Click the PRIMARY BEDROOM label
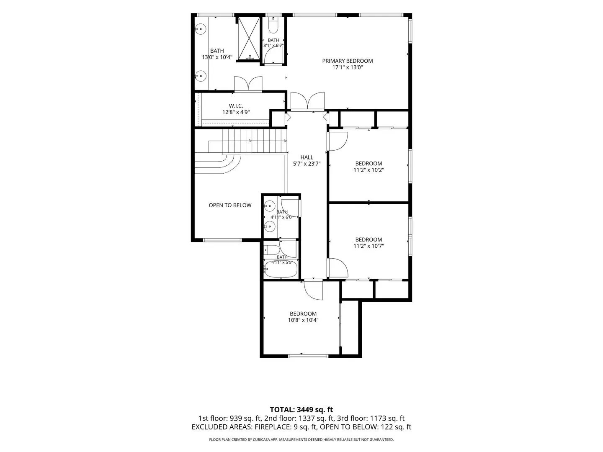pos(347,61)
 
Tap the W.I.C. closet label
pos(236,106)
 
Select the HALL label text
pos(307,157)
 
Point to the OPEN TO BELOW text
pos(230,205)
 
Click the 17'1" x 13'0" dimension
pos(348,67)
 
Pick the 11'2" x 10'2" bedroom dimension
pos(368,170)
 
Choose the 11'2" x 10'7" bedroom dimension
pos(368,246)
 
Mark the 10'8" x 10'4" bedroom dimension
pos(303,320)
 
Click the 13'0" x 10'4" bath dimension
pos(217,57)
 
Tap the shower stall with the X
pos(249,39)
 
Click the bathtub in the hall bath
pos(281,270)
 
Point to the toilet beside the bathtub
pos(271,250)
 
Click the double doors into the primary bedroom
pos(307,101)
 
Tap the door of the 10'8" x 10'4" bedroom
pos(314,290)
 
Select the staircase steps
pos(254,141)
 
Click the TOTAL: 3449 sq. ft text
pos(301,410)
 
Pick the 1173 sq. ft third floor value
pos(387,419)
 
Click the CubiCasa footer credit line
pos(301,439)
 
